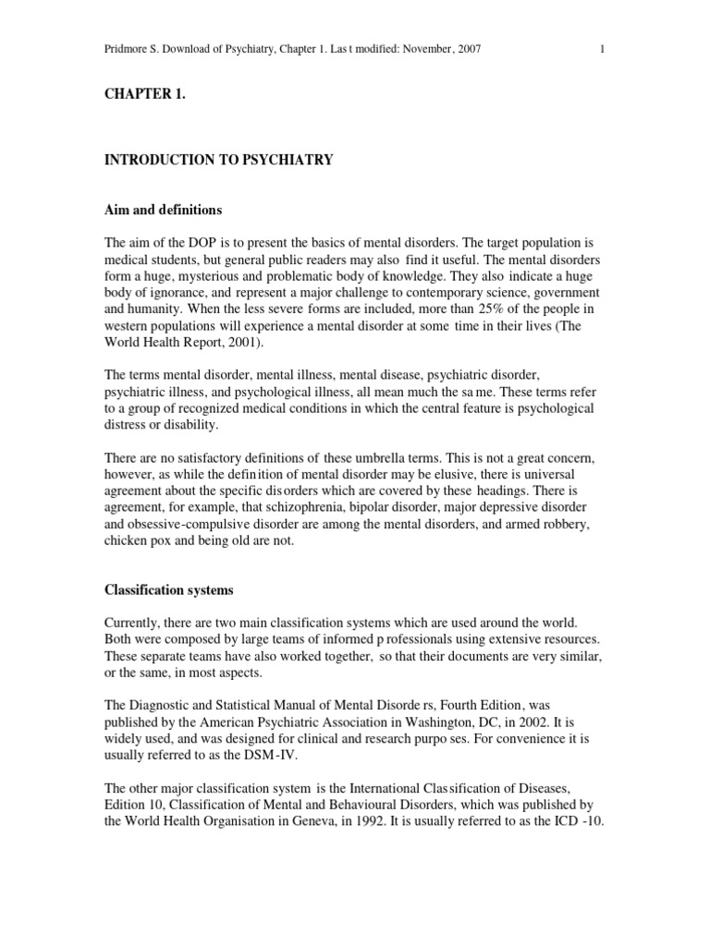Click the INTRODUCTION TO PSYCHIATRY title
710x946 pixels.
(x=219, y=160)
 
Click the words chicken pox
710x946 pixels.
(x=139, y=541)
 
